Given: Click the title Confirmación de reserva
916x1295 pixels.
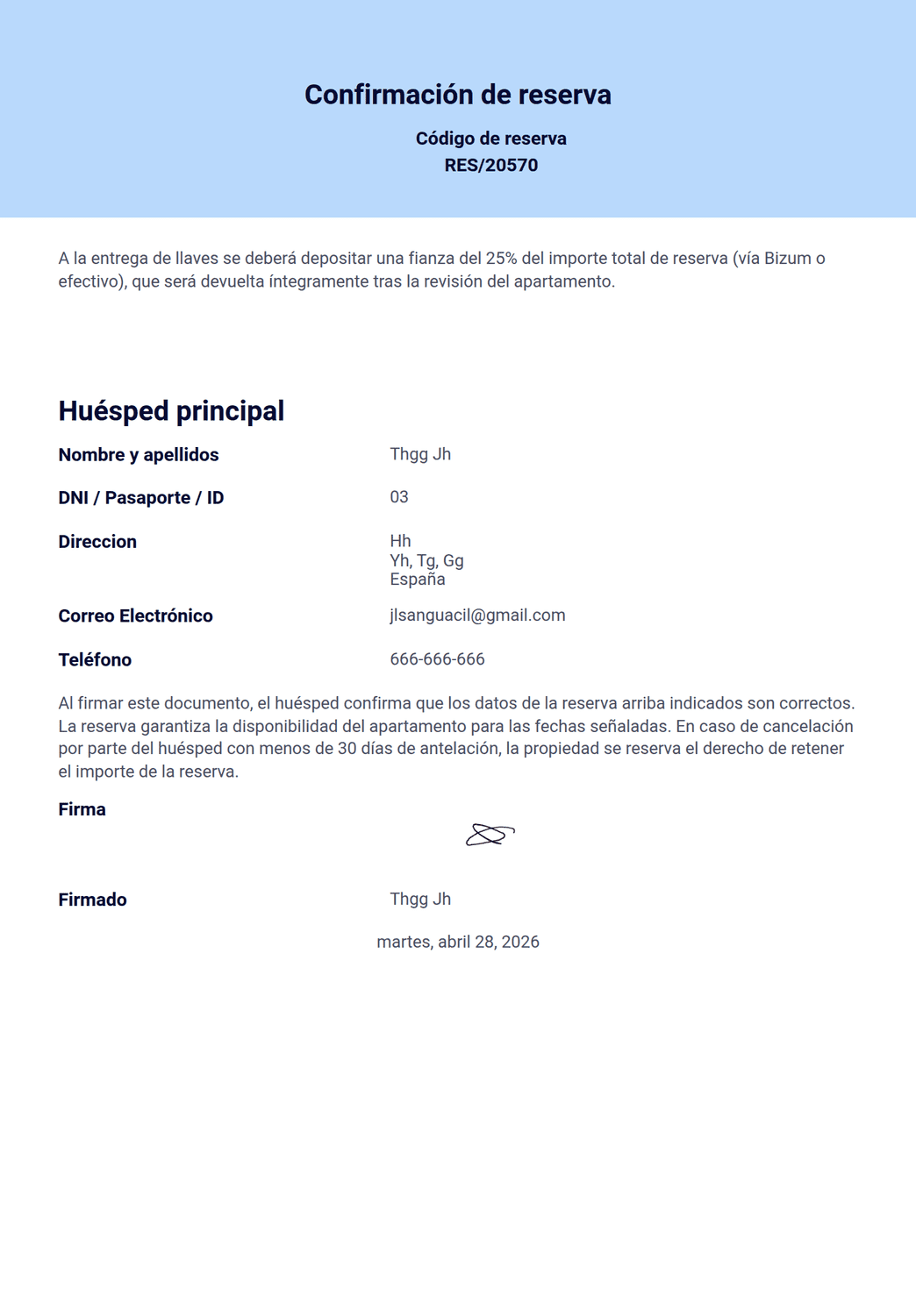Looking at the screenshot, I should click(x=457, y=95).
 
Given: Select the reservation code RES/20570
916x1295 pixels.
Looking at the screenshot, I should click(x=490, y=165).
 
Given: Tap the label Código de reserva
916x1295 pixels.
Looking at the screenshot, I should click(x=490, y=139).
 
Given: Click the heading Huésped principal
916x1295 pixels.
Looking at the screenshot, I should click(x=171, y=410).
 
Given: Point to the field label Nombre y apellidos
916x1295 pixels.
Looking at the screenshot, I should click(x=139, y=454).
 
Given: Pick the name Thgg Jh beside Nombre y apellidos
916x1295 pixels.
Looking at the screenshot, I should click(x=420, y=454).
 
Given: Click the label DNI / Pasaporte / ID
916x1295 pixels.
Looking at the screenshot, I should click(x=141, y=498).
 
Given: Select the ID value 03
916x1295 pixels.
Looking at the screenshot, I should click(x=399, y=497).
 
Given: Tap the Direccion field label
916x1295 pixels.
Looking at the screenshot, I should click(x=97, y=542).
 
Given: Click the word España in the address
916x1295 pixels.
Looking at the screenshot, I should click(x=418, y=580).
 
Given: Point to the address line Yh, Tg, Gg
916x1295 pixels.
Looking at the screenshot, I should click(x=426, y=560).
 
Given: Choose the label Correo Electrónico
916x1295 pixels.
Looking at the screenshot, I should click(x=136, y=615).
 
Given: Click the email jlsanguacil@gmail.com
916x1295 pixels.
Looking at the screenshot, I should click(x=477, y=615).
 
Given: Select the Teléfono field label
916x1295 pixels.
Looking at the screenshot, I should click(x=95, y=659).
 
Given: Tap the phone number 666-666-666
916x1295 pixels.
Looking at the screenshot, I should click(x=437, y=659).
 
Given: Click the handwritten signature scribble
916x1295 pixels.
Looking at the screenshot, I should click(x=490, y=835).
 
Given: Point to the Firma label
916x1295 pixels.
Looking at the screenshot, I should click(x=82, y=809).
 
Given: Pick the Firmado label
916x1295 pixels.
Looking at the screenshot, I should click(x=92, y=900).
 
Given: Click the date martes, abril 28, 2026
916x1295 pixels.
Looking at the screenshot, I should click(x=458, y=942).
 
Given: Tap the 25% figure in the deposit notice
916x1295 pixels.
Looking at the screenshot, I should click(x=501, y=259).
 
